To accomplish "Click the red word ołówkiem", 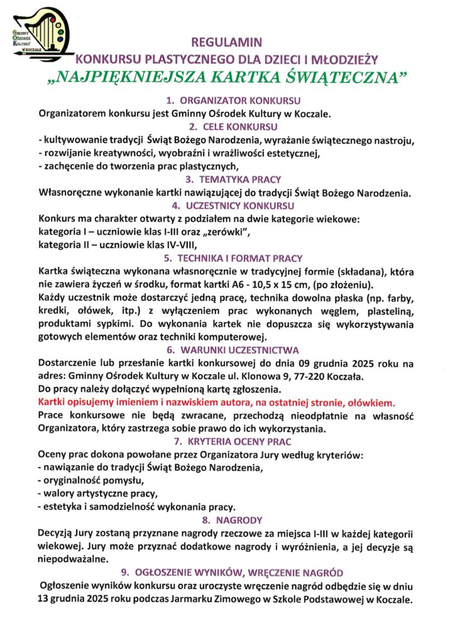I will click(x=373, y=403).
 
